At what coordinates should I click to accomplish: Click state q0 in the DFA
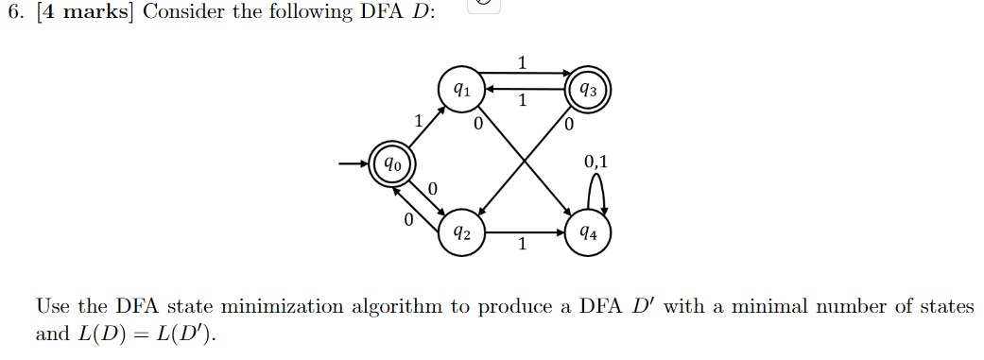[391, 164]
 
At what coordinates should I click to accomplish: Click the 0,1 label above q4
[596, 162]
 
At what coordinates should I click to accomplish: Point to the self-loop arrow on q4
[596, 194]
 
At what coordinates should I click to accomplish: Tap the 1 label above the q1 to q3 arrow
[523, 62]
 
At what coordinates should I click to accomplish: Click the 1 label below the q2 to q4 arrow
[522, 246]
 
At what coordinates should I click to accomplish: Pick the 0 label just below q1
[478, 124]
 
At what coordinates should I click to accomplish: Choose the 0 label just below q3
[568, 124]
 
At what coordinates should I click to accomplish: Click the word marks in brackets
[98, 17]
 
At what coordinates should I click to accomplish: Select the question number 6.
[11, 17]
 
